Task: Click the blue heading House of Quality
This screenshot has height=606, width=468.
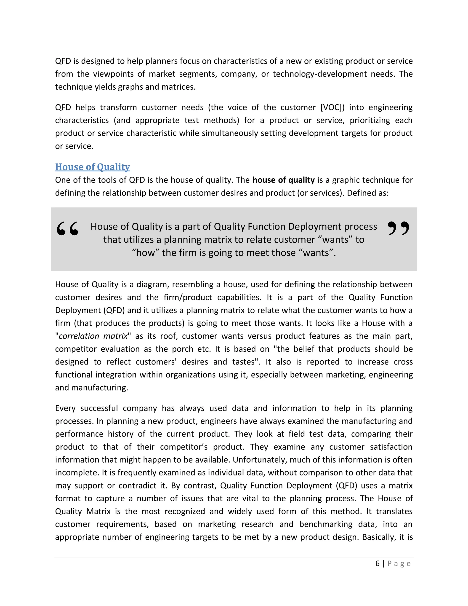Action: tap(92, 167)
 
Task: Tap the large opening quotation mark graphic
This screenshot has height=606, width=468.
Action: tap(67, 229)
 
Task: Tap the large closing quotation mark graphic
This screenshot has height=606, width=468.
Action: tap(398, 228)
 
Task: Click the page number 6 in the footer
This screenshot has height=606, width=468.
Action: tap(377, 563)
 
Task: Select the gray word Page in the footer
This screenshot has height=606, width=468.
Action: tap(399, 563)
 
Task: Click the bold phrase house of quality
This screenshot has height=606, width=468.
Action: tap(283, 180)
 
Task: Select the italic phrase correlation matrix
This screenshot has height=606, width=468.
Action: tap(93, 336)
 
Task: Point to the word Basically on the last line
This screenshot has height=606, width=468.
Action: tap(378, 537)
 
